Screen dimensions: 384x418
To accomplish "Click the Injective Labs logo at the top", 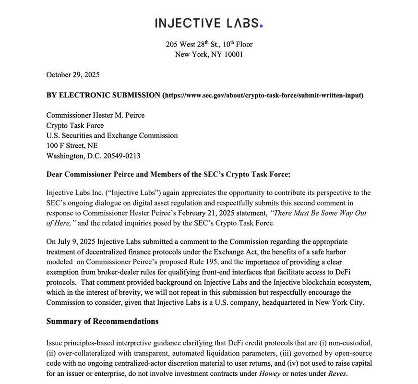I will tap(209, 23).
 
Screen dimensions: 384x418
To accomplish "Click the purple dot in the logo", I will tap(261, 25).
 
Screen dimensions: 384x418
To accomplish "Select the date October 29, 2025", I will tap(73, 74).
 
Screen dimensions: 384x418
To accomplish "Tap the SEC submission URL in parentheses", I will tap(263, 95).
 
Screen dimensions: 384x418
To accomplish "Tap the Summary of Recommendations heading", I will tap(102, 321).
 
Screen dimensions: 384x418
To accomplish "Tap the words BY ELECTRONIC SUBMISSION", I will tap(103, 95).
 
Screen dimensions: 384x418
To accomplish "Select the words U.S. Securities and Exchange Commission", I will tap(112, 135).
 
